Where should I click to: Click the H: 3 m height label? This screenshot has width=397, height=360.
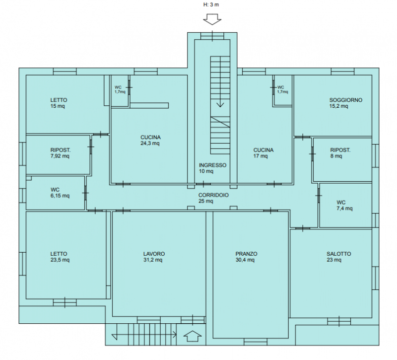click(211, 4)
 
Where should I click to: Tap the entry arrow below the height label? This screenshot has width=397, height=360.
click(212, 19)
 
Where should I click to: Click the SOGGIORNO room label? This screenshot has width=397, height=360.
click(345, 100)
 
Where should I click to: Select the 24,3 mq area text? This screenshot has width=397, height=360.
click(150, 144)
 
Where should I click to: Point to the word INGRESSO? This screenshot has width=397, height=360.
click(212, 165)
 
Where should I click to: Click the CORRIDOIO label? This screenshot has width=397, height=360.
click(213, 195)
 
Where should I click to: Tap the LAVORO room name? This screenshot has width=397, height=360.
click(154, 254)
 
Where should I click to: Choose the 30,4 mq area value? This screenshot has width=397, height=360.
click(245, 260)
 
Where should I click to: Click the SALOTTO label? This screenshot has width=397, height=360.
click(338, 254)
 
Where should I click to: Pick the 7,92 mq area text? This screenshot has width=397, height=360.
click(60, 156)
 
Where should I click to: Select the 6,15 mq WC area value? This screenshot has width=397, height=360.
click(60, 196)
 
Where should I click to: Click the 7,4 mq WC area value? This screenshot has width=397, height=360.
click(344, 209)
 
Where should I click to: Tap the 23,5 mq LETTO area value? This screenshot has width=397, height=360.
click(60, 260)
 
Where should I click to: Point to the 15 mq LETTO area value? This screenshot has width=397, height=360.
click(58, 106)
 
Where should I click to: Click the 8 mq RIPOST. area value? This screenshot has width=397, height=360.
click(336, 156)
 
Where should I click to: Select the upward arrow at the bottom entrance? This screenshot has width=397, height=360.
click(193, 336)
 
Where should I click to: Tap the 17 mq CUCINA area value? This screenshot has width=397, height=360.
click(260, 156)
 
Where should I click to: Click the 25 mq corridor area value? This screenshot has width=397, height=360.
click(205, 201)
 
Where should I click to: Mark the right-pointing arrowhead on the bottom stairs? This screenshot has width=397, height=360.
click(175, 334)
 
